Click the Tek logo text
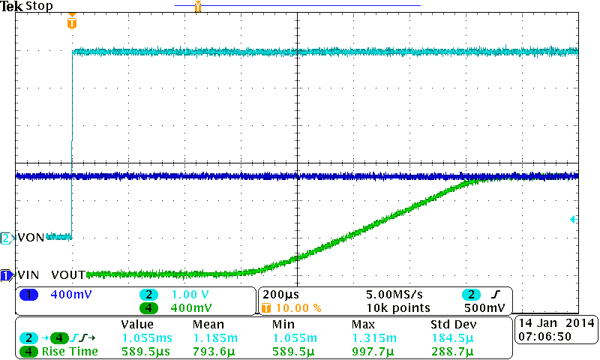12,6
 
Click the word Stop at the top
38,6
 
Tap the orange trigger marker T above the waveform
71,22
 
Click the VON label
31,238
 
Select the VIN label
28,274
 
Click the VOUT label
68,274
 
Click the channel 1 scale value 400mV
70,295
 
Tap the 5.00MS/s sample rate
397,295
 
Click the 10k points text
398,307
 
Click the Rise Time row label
70,350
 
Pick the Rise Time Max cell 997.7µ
373,350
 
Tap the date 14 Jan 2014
555,322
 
